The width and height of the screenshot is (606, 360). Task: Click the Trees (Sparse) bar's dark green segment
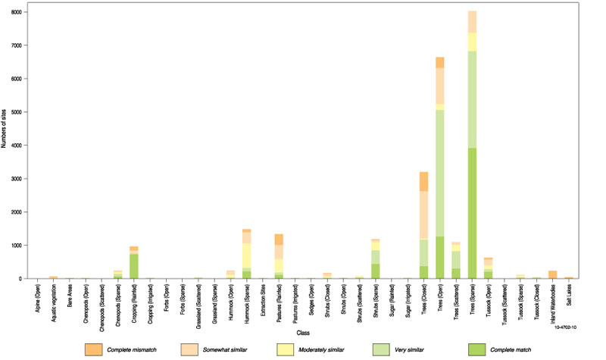471,213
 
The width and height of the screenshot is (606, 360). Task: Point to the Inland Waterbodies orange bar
552,274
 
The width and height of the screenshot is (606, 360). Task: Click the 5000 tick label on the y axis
17,112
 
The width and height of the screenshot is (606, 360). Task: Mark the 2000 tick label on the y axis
17,212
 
